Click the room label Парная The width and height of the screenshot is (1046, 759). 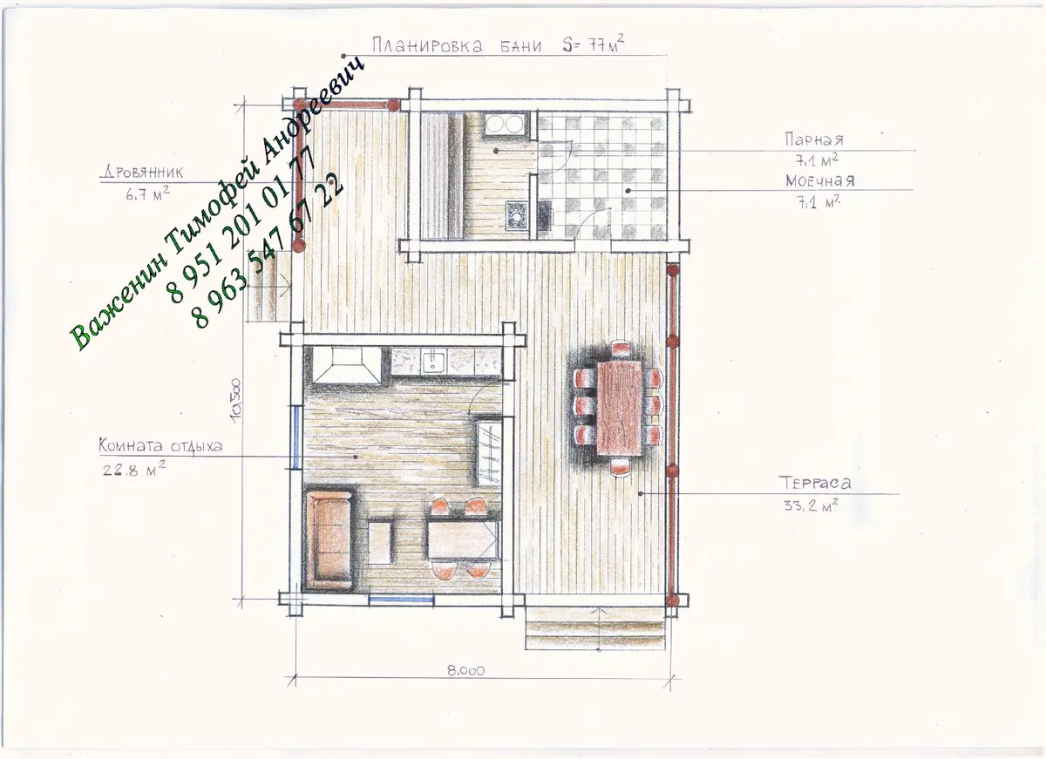pos(814,139)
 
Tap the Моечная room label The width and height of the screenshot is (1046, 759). pos(819,180)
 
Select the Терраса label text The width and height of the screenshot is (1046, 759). pos(814,483)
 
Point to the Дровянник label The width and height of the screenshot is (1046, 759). pos(142,173)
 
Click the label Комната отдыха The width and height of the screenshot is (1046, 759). pos(160,446)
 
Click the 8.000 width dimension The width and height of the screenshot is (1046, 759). pos(466,671)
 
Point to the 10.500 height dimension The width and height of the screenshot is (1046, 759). pos(236,400)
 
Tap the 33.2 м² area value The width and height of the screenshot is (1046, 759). pos(810,505)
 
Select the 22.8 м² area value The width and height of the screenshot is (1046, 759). pos(134,469)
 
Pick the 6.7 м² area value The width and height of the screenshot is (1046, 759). pos(147,193)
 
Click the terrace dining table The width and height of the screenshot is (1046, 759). pos(620,408)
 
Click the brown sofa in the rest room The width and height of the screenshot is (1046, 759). pos(329,540)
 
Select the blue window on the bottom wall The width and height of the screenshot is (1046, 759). pos(402,600)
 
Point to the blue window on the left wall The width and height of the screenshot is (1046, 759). pos(295,437)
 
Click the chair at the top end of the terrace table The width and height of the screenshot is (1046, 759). pos(621,349)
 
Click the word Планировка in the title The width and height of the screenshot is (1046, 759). pos(427,45)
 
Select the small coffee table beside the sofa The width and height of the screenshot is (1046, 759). pos(380,542)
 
